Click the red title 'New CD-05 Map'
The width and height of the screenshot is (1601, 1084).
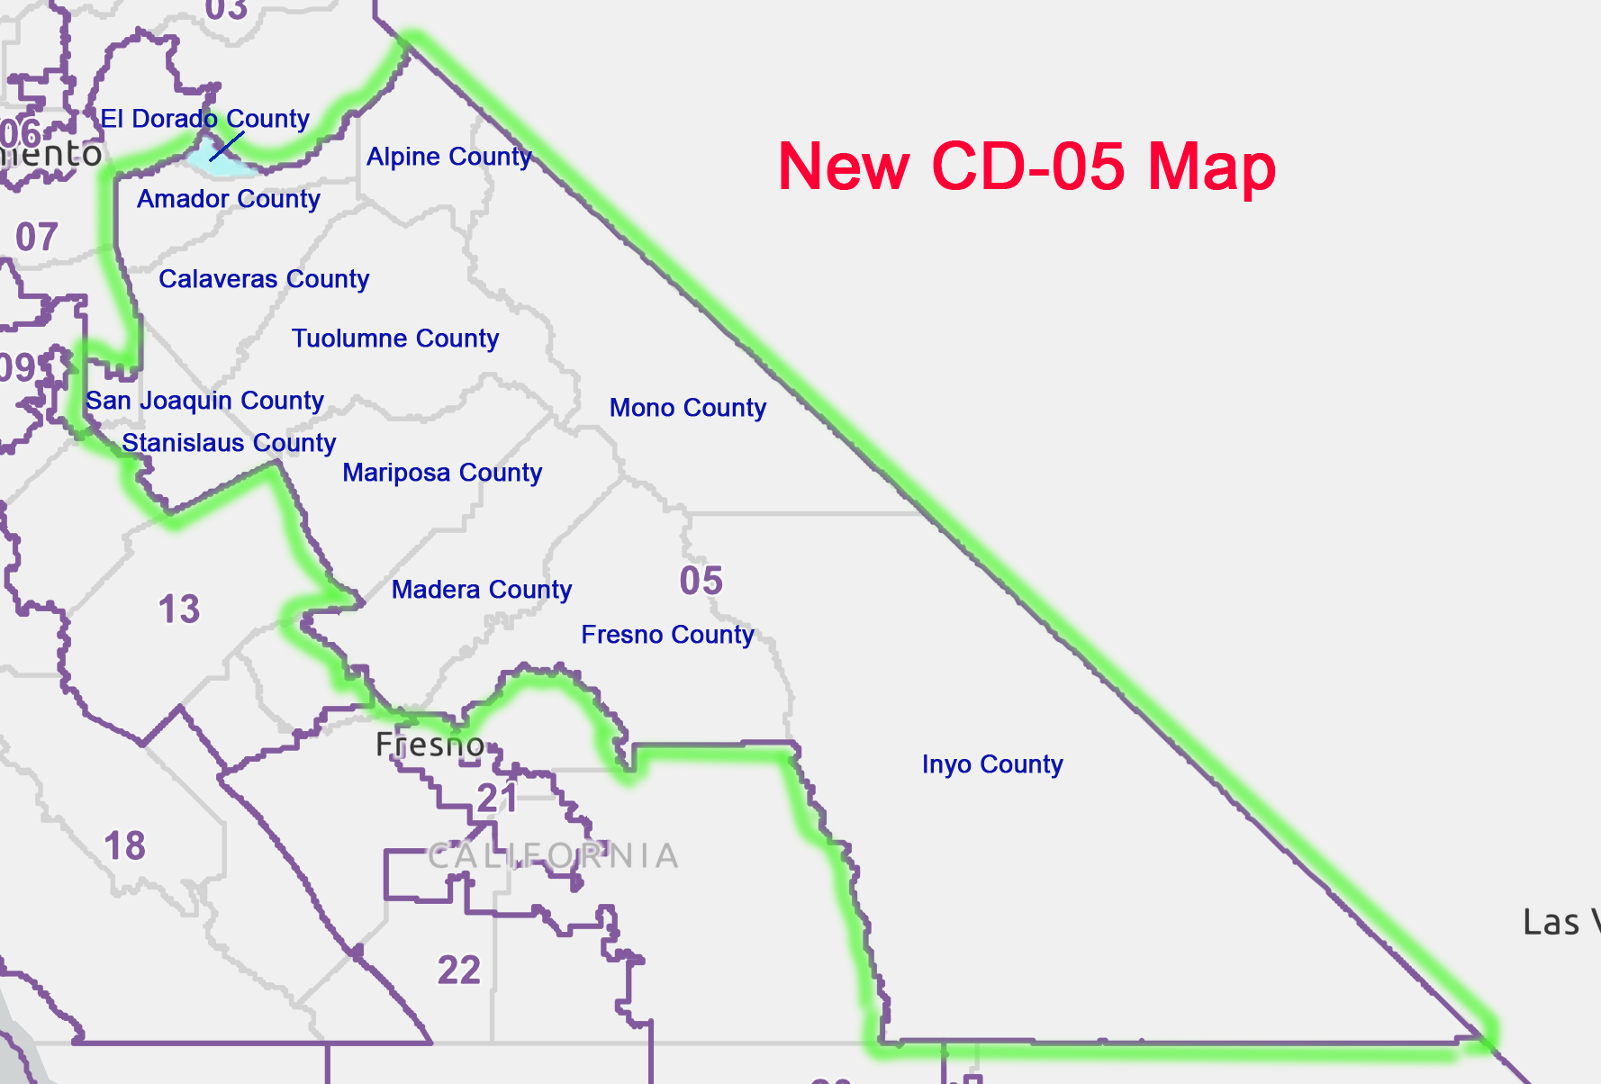(1027, 167)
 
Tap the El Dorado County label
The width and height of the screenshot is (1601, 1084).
(204, 119)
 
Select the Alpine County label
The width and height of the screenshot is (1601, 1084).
(448, 157)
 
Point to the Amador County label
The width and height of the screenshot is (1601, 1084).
(229, 199)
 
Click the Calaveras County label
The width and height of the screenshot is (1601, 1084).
(264, 279)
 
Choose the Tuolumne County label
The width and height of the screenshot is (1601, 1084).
(395, 339)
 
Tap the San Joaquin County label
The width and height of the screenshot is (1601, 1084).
(204, 401)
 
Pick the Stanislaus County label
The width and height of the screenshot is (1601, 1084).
(229, 443)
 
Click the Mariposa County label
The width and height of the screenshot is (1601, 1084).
(442, 473)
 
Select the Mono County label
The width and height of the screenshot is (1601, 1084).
(688, 408)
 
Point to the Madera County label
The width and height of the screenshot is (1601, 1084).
(482, 590)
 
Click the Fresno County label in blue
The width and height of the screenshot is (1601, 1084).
(667, 635)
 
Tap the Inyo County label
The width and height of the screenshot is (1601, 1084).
(992, 764)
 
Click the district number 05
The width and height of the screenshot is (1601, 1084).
(701, 581)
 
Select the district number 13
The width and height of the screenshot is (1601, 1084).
(179, 610)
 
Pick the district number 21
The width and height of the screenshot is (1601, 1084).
(497, 799)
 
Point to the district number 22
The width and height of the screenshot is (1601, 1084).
(459, 971)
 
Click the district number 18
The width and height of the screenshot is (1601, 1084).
(125, 846)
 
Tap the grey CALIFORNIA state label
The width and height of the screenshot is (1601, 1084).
(553, 856)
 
